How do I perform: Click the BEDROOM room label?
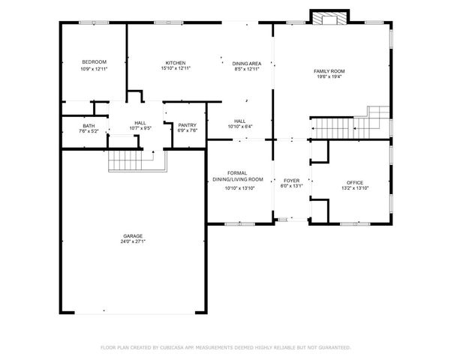(x=94, y=61)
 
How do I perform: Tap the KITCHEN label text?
(x=176, y=63)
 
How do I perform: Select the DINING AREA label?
(x=246, y=63)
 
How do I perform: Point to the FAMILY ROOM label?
(x=328, y=70)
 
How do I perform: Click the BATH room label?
(x=89, y=126)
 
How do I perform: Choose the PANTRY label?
(x=188, y=125)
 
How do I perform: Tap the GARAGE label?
(x=133, y=236)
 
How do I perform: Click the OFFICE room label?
(x=354, y=183)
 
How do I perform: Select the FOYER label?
(x=291, y=181)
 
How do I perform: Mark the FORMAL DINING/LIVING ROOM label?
(x=239, y=176)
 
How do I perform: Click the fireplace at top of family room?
(x=329, y=19)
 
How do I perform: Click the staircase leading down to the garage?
(x=125, y=160)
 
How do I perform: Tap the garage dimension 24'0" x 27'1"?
(x=133, y=242)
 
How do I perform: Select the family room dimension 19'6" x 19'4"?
(x=328, y=76)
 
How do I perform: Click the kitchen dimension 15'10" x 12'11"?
(x=176, y=69)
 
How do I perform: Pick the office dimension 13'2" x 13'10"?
(x=354, y=188)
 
